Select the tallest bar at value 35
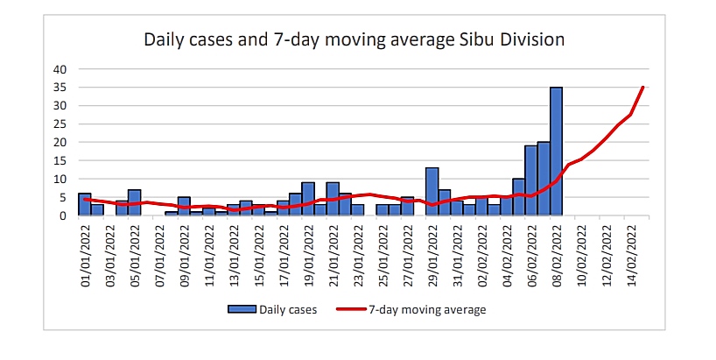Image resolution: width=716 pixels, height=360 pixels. [x=556, y=151]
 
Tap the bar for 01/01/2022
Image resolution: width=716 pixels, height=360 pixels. [x=84, y=204]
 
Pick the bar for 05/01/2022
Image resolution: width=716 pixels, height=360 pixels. [x=134, y=202]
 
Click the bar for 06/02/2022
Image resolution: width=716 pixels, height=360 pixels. [x=531, y=180]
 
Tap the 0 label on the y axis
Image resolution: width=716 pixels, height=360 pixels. [x=62, y=215]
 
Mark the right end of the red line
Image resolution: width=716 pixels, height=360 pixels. [x=643, y=87]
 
